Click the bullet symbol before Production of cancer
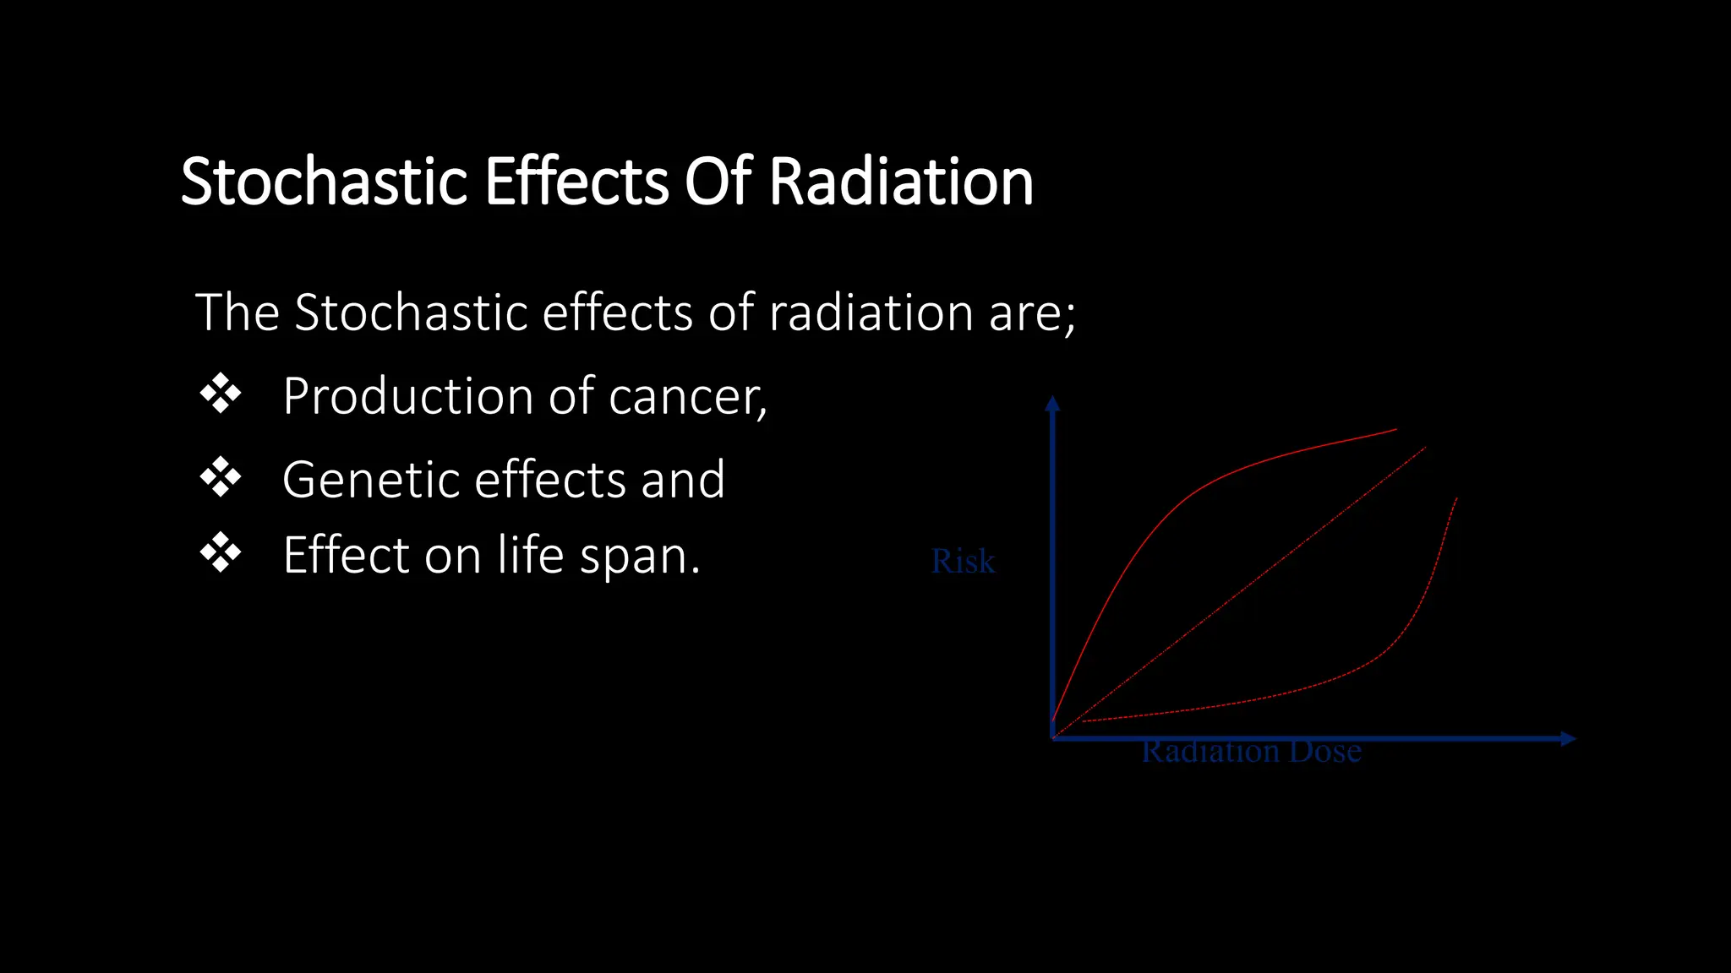point(221,394)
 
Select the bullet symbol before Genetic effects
point(221,477)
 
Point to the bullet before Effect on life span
point(221,553)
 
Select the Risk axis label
point(963,562)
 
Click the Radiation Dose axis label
point(1251,752)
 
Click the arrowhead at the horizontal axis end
point(1569,739)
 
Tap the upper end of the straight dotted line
point(1425,448)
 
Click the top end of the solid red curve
point(1395,429)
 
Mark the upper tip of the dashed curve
point(1456,498)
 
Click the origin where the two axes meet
point(1053,738)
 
